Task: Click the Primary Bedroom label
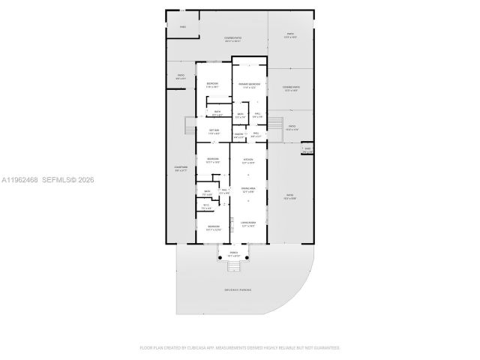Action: pyautogui.click(x=249, y=85)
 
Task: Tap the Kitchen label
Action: pyautogui.click(x=248, y=161)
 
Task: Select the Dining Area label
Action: pyautogui.click(x=248, y=191)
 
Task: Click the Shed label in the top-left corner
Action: pyautogui.click(x=182, y=28)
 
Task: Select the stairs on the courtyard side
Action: pyautogui.click(x=189, y=128)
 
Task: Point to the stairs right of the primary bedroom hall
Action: pyautogui.click(x=275, y=123)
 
